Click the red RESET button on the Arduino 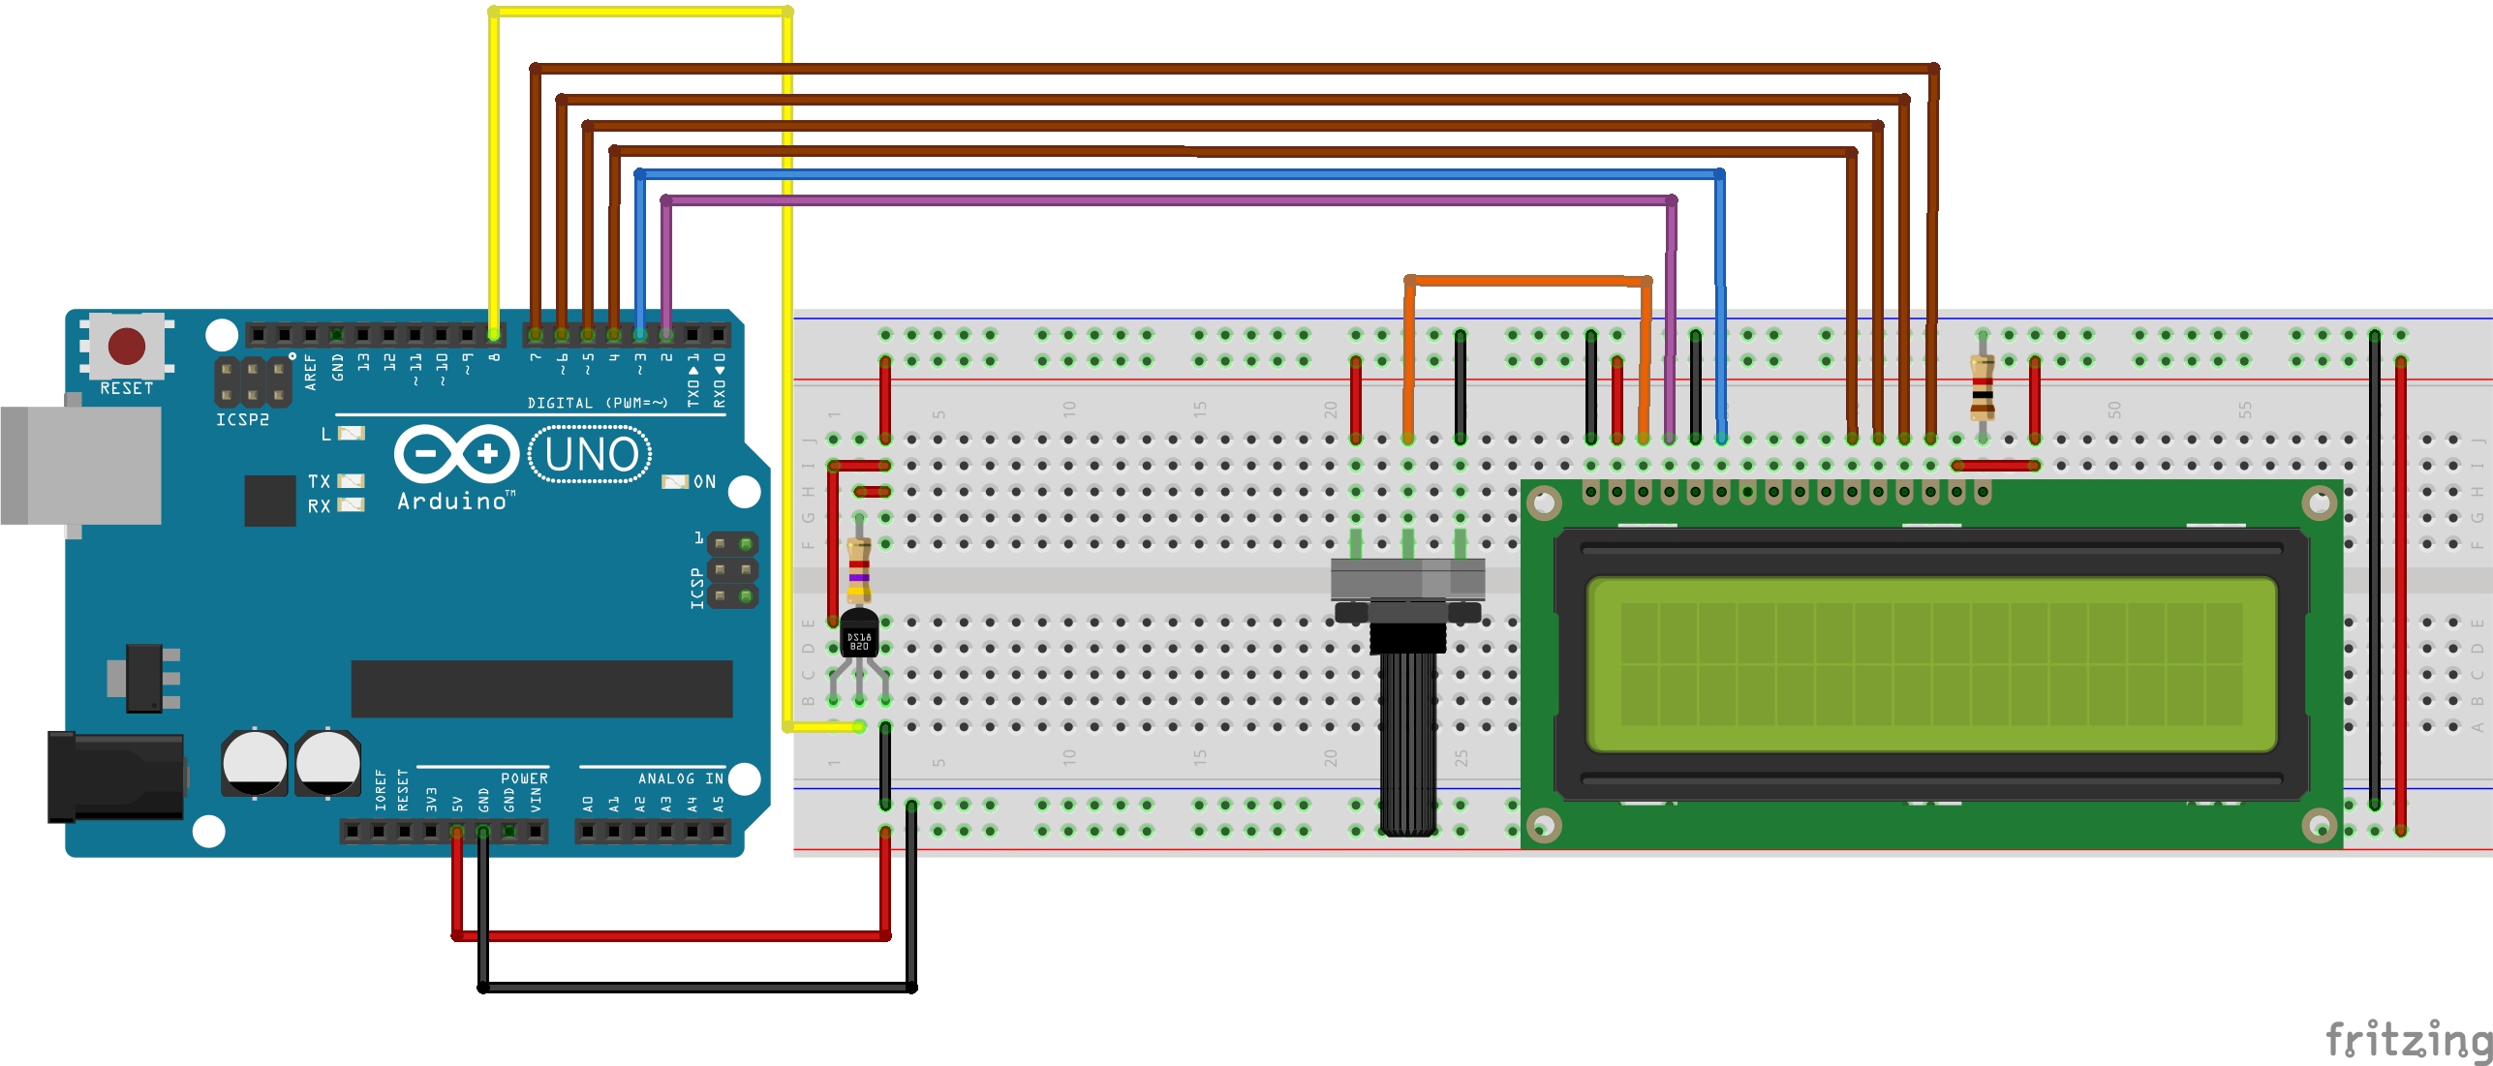pyautogui.click(x=127, y=346)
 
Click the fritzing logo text pyautogui.click(x=2408, y=1040)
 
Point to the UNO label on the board pyautogui.click(x=591, y=454)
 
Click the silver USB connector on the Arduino pyautogui.click(x=81, y=465)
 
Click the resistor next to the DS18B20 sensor pyautogui.click(x=858, y=571)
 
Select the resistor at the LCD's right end pyautogui.click(x=1983, y=386)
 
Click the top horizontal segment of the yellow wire pyautogui.click(x=640, y=13)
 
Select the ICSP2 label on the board pyautogui.click(x=242, y=420)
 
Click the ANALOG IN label pyautogui.click(x=680, y=778)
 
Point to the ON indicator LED pyautogui.click(x=674, y=481)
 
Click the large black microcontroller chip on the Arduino pyautogui.click(x=541, y=688)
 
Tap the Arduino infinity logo pyautogui.click(x=456, y=454)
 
